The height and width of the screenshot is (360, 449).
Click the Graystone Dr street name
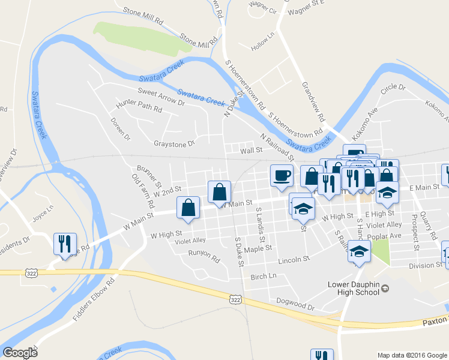[175, 143]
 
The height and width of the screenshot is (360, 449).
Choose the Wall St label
[252, 150]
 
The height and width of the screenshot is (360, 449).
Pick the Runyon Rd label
[203, 257]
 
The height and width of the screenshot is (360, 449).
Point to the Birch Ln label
[264, 277]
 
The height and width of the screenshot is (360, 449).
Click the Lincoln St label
[294, 260]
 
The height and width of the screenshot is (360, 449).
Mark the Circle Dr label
[393, 88]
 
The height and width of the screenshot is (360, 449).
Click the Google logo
[20, 353]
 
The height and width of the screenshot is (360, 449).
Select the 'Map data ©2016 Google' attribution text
[412, 355]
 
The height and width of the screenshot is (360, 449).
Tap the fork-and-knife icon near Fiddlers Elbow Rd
[65, 244]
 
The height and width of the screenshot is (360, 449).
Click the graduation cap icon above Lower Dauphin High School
[360, 251]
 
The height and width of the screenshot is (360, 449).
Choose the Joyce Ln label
[43, 215]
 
